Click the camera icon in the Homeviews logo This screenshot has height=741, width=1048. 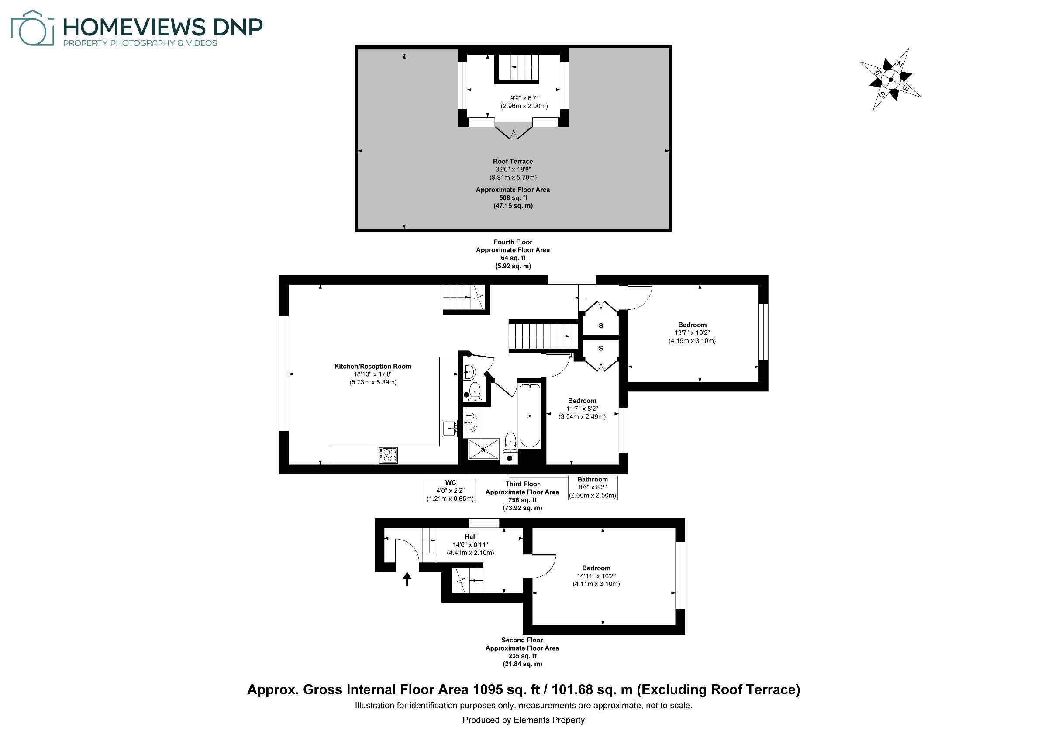point(32,28)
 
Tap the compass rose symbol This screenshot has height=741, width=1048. point(890,80)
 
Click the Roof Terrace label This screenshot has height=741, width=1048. point(513,161)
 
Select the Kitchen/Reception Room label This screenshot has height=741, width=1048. point(372,366)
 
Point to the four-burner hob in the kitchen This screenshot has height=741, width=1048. point(388,455)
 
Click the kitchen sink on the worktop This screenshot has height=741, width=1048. point(450,428)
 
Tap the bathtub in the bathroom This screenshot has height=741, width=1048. point(530,415)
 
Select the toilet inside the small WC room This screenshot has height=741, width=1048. point(475,391)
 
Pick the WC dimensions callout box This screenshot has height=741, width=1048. point(451,491)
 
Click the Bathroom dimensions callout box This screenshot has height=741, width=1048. point(593,488)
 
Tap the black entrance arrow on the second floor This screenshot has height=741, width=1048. point(407,579)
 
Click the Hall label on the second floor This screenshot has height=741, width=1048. point(471,537)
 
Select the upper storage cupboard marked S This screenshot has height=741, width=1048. point(601,325)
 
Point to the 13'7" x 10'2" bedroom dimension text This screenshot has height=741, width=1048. point(692,333)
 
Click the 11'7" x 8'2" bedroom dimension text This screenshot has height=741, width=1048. point(582,409)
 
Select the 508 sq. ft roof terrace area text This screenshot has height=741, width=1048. point(513,197)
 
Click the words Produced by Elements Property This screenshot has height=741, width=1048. point(524,720)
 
